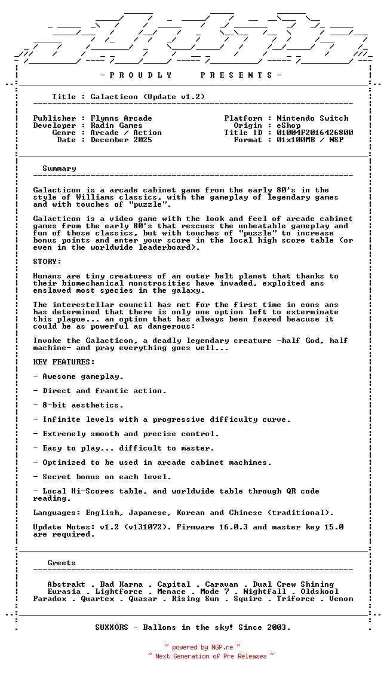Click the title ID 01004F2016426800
(315, 133)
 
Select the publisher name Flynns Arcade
(121, 118)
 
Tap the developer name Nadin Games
(116, 125)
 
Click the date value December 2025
(121, 140)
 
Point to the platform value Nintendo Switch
(312, 118)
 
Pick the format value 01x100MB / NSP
(310, 140)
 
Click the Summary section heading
(59, 168)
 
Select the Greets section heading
(62, 563)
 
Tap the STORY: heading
(47, 262)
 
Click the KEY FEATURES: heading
(64, 362)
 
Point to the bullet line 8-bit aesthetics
(74, 405)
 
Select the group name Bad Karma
(121, 584)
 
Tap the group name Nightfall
(265, 592)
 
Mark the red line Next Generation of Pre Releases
(211, 656)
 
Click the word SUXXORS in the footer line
(112, 627)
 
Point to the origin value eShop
(288, 125)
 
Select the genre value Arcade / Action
(126, 133)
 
